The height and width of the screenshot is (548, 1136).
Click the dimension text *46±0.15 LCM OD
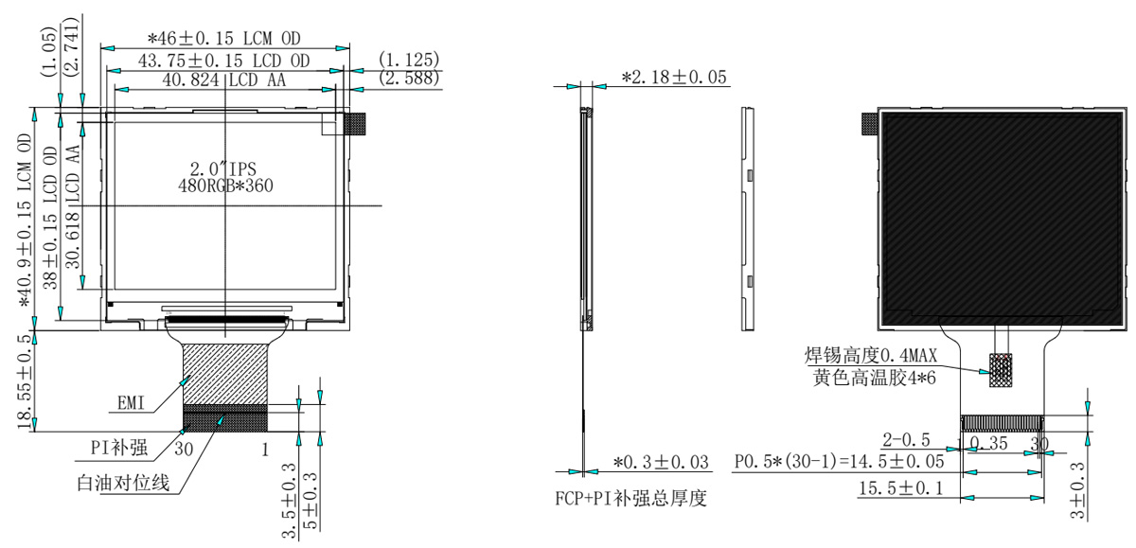225,40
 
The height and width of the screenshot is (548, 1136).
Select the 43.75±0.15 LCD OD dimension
224,61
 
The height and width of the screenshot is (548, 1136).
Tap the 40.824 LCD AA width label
224,80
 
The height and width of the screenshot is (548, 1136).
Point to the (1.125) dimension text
408,60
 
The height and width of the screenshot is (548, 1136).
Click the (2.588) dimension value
408,80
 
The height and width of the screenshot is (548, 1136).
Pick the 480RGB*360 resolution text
225,186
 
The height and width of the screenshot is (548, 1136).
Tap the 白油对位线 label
123,485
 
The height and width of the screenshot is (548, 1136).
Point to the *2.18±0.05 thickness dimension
675,78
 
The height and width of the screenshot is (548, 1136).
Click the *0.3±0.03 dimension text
661,462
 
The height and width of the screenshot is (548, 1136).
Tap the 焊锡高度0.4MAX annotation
870,357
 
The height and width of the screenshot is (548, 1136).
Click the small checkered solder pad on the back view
1000,369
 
